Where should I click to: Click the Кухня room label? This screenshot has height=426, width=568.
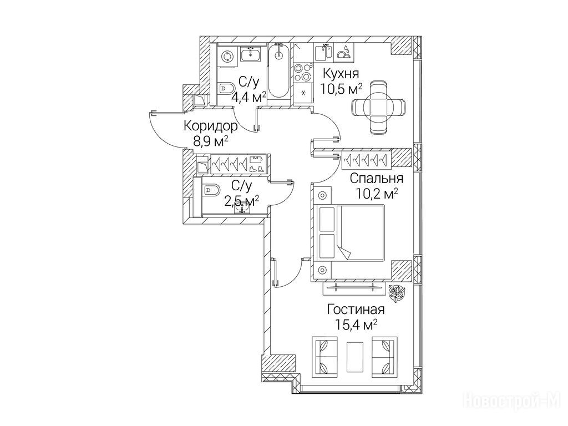(x=341, y=74)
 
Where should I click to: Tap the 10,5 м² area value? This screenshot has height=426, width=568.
(x=341, y=88)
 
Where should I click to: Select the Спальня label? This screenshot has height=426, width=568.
(x=377, y=178)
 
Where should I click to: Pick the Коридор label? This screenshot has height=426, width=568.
(x=211, y=126)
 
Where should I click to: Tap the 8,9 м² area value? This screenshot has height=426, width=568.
(x=211, y=141)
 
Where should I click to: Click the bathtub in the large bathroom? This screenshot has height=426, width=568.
(x=278, y=70)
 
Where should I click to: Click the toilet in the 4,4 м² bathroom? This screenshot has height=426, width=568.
(x=226, y=88)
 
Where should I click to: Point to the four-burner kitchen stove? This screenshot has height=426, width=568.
(x=302, y=73)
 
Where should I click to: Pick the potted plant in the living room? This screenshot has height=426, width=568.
(x=397, y=293)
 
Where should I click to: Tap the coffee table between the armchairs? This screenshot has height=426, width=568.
(x=355, y=357)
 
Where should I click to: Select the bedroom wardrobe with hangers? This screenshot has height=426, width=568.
(x=367, y=160)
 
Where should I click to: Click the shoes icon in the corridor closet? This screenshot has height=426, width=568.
(x=256, y=169)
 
